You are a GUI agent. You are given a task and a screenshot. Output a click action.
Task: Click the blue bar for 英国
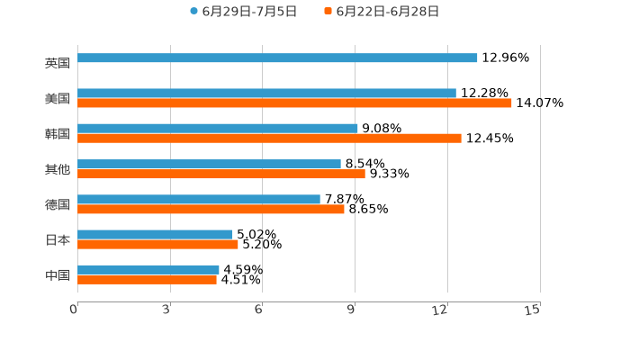[x=277, y=58]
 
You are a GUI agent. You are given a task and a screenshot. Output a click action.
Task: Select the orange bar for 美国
[x=294, y=103]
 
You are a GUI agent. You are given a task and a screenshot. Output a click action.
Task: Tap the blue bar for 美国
[x=266, y=94]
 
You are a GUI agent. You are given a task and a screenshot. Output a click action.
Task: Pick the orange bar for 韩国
[x=269, y=139]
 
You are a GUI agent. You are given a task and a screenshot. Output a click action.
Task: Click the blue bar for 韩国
[x=218, y=129]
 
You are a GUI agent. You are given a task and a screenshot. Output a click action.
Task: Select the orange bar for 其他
[x=221, y=174]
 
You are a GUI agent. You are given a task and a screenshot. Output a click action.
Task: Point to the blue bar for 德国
[x=199, y=200]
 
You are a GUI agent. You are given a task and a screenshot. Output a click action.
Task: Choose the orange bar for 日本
[x=157, y=244]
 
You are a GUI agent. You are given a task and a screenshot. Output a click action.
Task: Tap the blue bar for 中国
[x=148, y=270]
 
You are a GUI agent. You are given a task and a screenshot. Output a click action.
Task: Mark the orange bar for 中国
[x=147, y=280]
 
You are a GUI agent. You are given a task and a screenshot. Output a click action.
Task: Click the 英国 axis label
[x=58, y=64]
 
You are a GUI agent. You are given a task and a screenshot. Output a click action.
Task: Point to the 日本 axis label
[x=58, y=240]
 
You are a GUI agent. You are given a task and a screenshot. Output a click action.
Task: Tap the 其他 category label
[x=58, y=169]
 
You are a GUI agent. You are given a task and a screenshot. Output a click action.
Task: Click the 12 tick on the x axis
[x=441, y=310]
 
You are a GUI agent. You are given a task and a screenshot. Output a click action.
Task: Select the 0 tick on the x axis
[x=74, y=310]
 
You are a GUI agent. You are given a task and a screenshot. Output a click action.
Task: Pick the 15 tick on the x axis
[x=533, y=310]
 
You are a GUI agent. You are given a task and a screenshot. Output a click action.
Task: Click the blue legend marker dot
[x=193, y=12]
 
